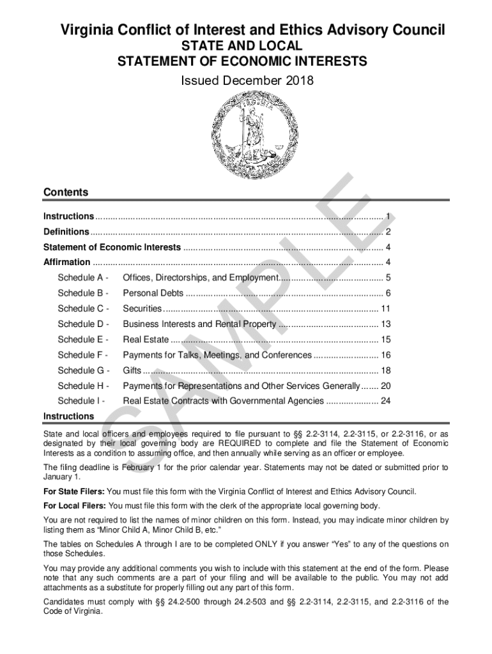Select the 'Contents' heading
tap(65, 192)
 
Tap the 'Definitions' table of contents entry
tap(66, 231)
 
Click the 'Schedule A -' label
tap(82, 278)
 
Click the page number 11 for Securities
tap(385, 308)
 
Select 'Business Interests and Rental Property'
tap(199, 324)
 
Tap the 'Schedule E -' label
tap(82, 339)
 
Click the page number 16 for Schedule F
tap(385, 354)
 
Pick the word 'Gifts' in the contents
tap(132, 370)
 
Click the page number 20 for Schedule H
tap(385, 386)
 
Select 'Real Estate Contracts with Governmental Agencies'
tap(223, 400)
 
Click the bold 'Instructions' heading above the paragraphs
tap(68, 416)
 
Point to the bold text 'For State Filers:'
tap(73, 492)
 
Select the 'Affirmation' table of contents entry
tap(66, 262)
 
